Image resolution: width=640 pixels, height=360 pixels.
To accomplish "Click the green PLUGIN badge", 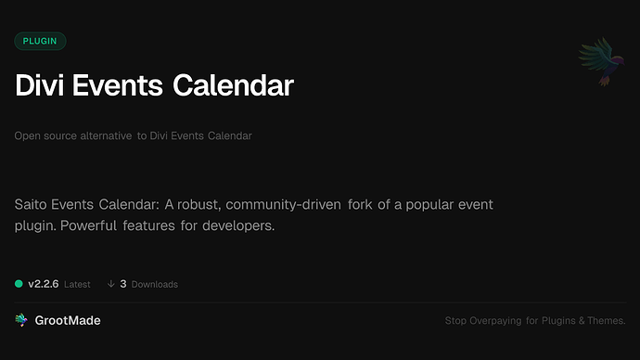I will click(x=40, y=41).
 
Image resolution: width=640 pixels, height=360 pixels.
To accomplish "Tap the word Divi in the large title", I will click(x=42, y=86).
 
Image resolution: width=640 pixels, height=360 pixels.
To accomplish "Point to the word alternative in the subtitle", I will click(x=99, y=136).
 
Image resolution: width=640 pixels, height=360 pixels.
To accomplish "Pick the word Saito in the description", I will click(x=34, y=203).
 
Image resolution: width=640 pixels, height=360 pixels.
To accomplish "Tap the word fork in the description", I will click(x=365, y=203).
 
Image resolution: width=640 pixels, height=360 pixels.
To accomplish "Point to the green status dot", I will click(x=19, y=284).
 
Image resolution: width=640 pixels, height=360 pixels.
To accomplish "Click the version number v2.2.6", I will click(x=44, y=284).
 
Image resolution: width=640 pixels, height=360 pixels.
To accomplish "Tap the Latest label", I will click(x=78, y=284).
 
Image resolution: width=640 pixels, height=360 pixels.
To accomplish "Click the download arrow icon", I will click(x=111, y=284).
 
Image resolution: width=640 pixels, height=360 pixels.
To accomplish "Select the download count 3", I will click(x=123, y=284).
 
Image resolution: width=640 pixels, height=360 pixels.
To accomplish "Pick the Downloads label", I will click(x=154, y=284).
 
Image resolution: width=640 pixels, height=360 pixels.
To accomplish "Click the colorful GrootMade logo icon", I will click(x=21, y=320).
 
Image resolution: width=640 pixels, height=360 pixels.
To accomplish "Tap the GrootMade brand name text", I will click(x=68, y=320).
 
